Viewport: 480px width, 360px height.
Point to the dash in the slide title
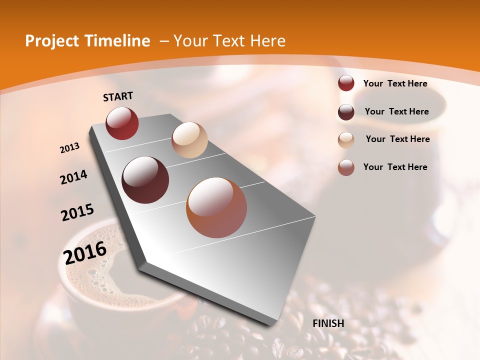[x=164, y=41]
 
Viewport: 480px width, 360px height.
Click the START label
[x=118, y=96]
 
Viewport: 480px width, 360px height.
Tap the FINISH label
[x=328, y=323]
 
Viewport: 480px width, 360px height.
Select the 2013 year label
[x=70, y=147]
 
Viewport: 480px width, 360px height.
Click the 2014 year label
[x=73, y=177]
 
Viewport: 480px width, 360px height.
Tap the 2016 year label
[x=85, y=252]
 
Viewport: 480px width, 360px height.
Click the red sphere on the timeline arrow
[x=122, y=123]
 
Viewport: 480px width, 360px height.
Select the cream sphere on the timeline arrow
[x=189, y=140]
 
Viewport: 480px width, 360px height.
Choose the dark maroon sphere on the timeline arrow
[x=145, y=180]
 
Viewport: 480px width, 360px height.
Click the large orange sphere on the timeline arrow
[x=216, y=207]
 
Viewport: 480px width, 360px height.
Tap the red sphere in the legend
[x=346, y=83]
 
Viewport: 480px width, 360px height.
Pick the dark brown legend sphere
[x=346, y=112]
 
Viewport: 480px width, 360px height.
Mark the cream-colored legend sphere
[x=346, y=140]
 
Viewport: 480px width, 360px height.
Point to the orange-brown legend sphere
[x=346, y=167]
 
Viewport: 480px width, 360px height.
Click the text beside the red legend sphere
[x=395, y=83]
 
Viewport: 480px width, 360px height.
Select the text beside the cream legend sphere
[x=397, y=139]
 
